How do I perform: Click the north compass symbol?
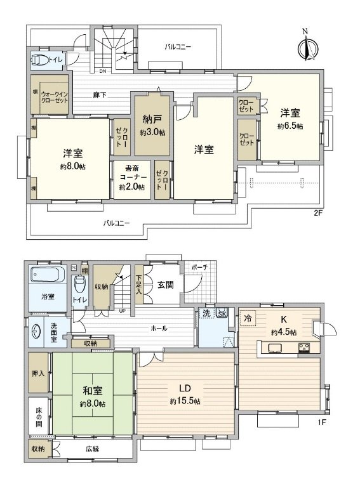(305, 46)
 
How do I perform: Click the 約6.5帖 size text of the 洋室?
(290, 126)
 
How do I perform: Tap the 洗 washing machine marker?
(206, 313)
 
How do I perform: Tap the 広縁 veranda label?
(94, 448)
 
